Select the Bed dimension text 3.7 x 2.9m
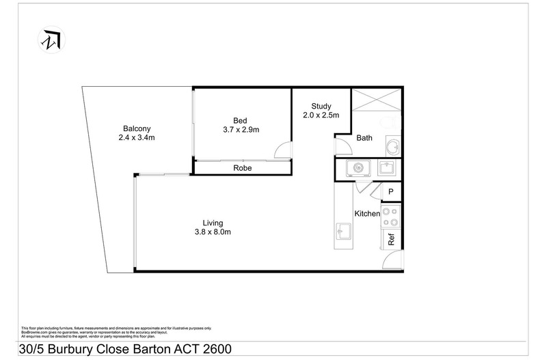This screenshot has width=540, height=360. coord(241,129)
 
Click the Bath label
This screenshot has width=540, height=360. coord(364,138)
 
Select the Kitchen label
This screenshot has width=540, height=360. coord(366,214)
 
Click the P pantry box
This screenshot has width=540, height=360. coord(391,193)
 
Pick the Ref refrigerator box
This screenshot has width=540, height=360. coord(392,239)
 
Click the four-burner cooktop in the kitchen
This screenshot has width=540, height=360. coord(391,217)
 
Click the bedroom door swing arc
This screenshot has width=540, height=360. coord(280,150)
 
